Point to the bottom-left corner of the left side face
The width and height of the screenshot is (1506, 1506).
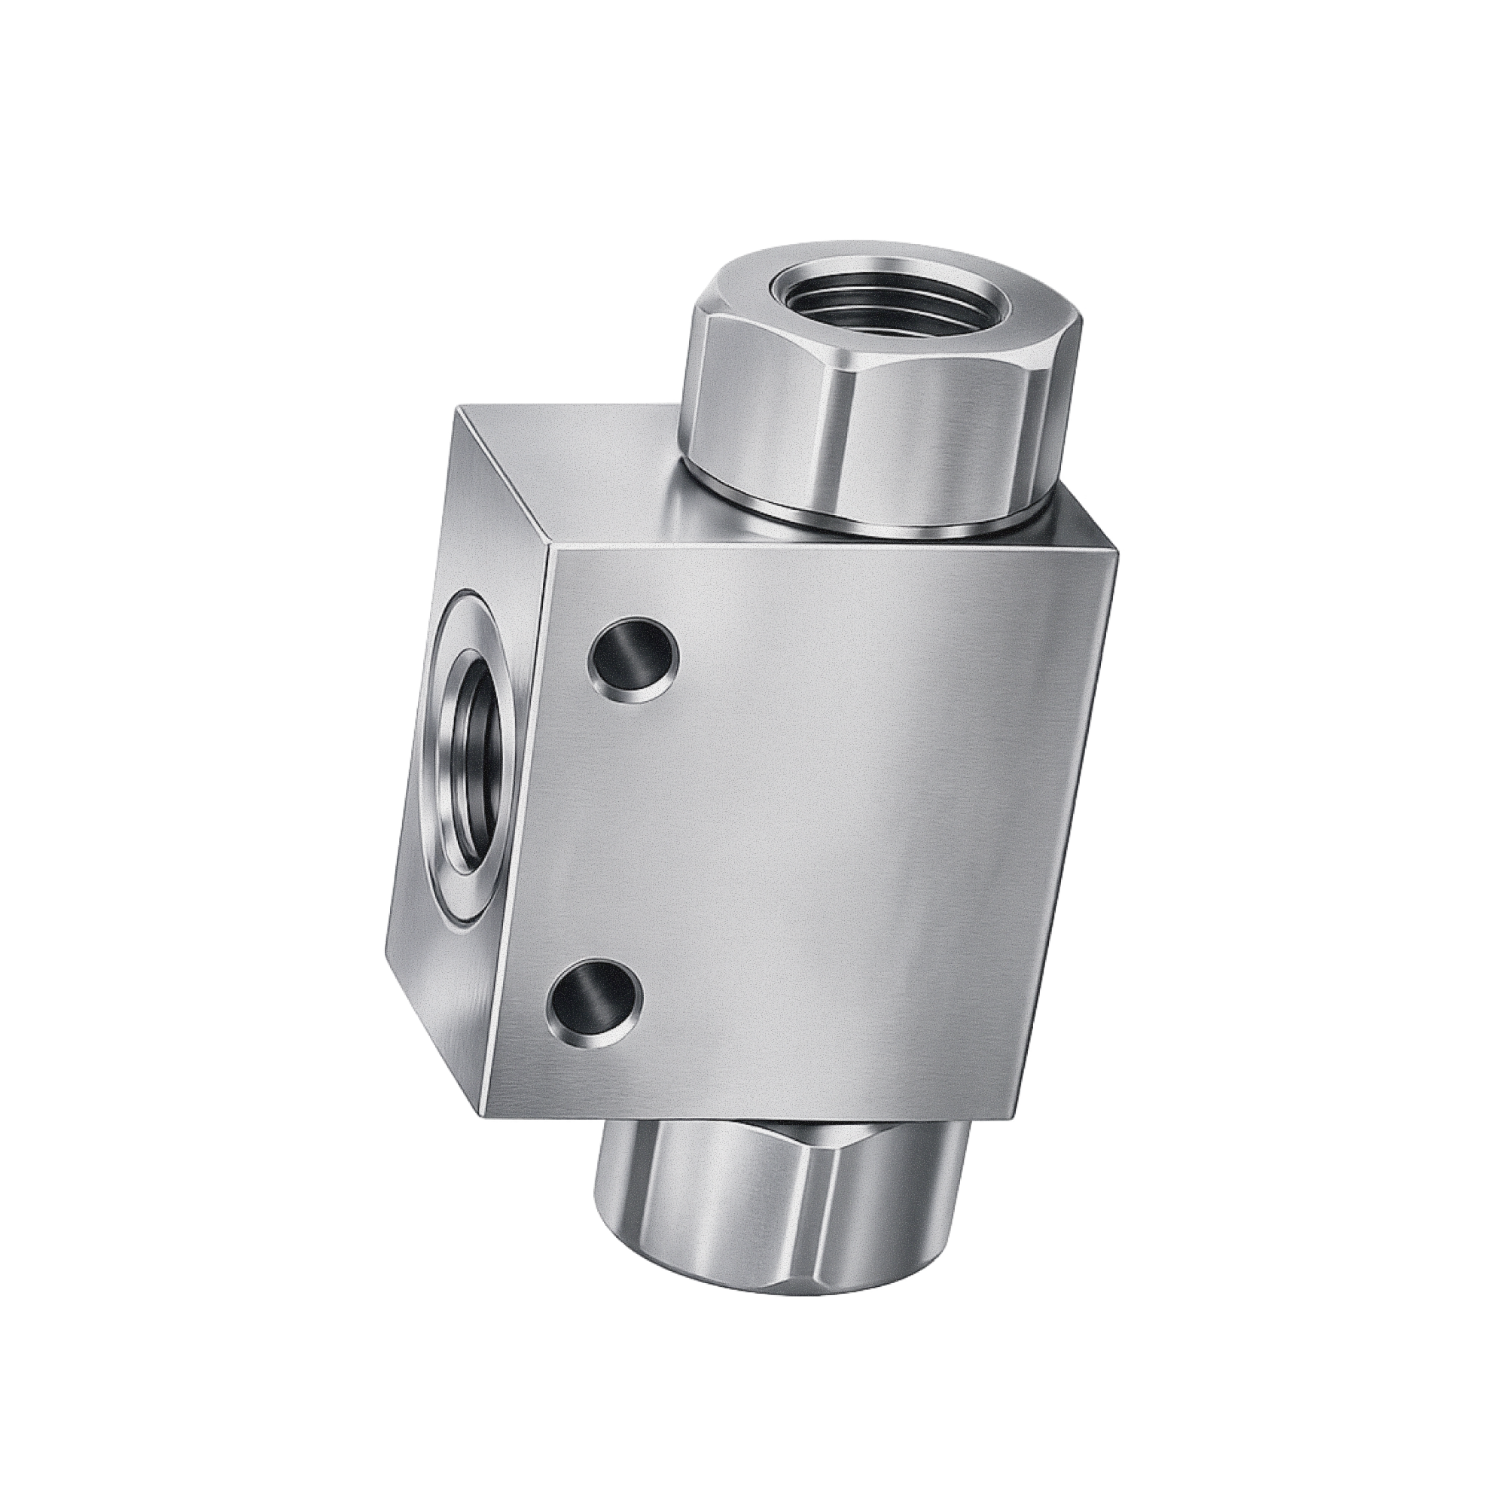(x=386, y=960)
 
